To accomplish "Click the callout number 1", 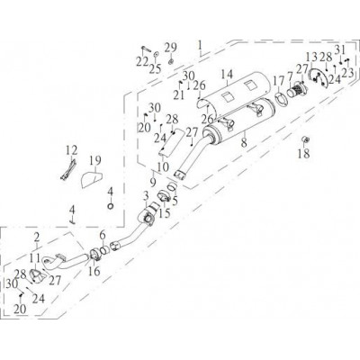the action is click(200, 45).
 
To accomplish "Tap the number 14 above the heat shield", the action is click(227, 75).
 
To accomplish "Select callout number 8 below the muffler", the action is click(244, 142).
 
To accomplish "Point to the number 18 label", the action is click(303, 154).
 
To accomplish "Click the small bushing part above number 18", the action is click(305, 139).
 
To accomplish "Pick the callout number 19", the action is click(94, 161).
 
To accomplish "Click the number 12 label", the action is click(72, 150).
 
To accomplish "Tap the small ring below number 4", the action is click(111, 206).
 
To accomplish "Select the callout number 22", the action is click(142, 62).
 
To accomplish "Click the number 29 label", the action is click(171, 48).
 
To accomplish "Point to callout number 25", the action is click(156, 69).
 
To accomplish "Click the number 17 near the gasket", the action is click(278, 81).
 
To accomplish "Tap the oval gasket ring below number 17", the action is click(281, 98).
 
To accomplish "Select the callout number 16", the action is click(94, 271).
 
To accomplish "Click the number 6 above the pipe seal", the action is click(103, 235).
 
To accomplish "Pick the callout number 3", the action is click(146, 196).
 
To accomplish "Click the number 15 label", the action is click(165, 213).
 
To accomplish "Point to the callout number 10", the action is click(163, 166).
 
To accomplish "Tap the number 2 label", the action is click(37, 238).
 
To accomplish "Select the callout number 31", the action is click(340, 49).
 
